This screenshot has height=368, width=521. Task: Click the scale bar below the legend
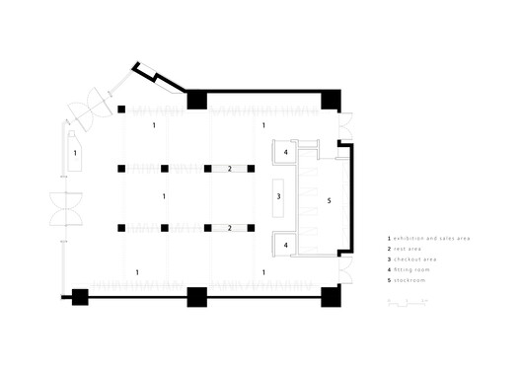click(407, 301)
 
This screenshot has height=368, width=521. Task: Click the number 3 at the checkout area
click(279, 197)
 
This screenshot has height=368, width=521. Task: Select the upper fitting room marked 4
click(285, 153)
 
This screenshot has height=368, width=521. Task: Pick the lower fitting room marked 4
click(285, 244)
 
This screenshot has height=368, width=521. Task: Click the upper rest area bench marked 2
click(229, 169)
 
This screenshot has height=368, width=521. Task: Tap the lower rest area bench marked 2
click(229, 228)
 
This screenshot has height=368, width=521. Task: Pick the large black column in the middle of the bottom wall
click(195, 296)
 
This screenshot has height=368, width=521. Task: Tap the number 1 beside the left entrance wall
click(73, 153)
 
